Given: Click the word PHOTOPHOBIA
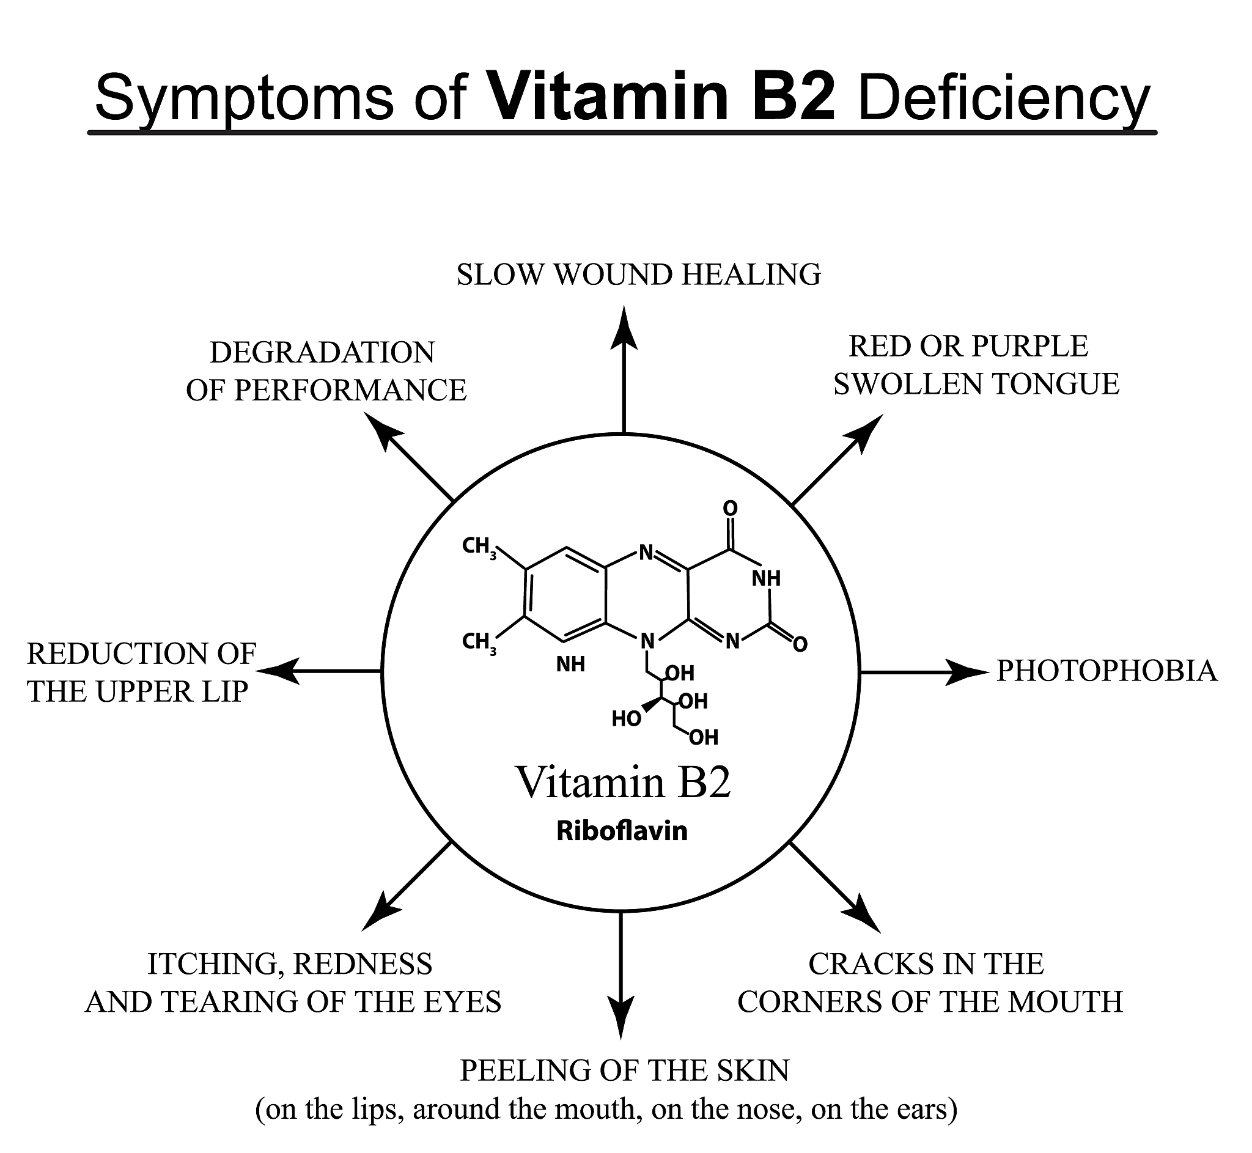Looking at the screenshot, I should point(1106,671).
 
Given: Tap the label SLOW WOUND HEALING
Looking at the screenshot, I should point(638,275).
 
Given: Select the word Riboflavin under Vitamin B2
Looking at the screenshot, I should point(621,831).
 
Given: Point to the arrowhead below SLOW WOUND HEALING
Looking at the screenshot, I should point(624,328).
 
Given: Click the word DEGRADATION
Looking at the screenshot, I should point(322,353).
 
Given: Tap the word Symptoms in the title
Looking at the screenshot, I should point(243,98).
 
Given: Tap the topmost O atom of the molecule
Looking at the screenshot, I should point(730,509).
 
